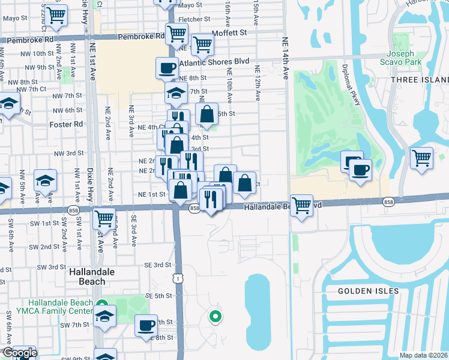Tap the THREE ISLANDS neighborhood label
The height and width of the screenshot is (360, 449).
[420, 80]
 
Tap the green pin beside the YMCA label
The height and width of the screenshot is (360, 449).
[102, 304]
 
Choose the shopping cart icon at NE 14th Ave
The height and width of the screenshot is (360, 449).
[301, 205]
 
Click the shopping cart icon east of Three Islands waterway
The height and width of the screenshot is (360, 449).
[422, 158]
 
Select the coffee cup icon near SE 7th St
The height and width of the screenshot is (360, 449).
[146, 325]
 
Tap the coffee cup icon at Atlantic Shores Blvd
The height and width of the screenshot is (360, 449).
[167, 68]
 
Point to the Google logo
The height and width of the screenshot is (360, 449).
[20, 353]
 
